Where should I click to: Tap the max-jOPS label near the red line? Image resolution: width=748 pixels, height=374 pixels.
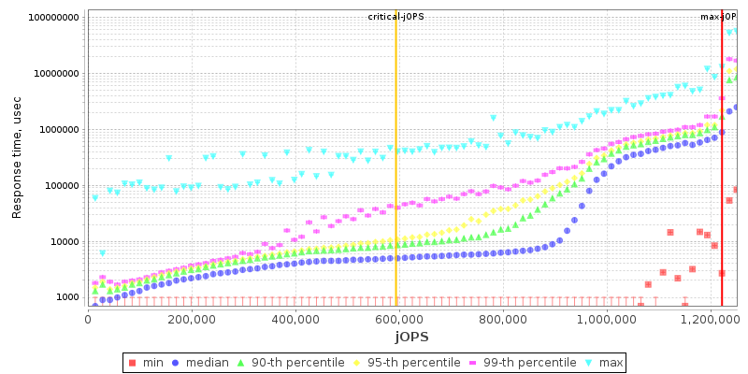[x=718, y=17]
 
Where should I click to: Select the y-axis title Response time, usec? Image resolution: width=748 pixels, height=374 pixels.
[x=17, y=160]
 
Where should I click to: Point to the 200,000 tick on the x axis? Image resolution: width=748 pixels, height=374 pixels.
[x=192, y=319]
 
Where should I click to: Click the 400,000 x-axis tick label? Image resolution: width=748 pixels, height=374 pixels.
[x=295, y=319]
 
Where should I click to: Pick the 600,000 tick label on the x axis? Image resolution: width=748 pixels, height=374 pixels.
[x=399, y=319]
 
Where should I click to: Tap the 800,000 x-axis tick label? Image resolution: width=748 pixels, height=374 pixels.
[x=503, y=319]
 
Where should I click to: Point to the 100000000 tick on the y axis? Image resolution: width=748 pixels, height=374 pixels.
[x=54, y=17]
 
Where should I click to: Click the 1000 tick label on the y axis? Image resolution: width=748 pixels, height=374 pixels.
[x=65, y=297]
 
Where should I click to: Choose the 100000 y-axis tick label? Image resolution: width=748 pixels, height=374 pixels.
[x=60, y=185]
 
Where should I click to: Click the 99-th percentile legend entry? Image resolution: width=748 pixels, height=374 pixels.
[x=511, y=362]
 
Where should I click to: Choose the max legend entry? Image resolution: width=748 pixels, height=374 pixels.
[x=604, y=362]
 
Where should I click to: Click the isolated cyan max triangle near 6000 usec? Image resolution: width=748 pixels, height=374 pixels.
[x=103, y=253]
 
